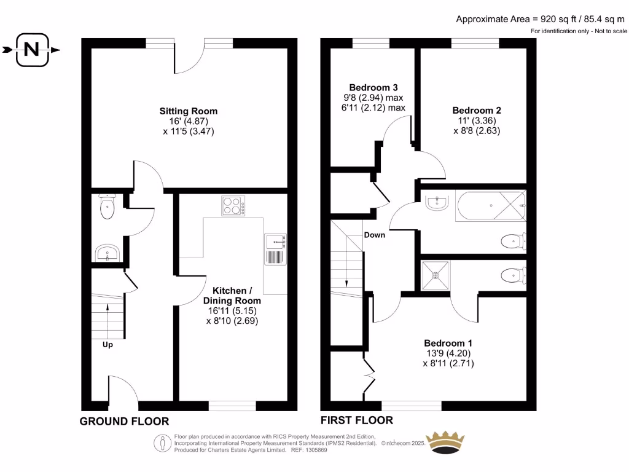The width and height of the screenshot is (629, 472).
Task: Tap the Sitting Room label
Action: point(189,111)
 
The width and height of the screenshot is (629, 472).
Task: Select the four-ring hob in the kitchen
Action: point(233,206)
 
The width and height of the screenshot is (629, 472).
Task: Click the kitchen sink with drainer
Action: point(275,249)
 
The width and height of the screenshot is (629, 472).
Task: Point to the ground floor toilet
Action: point(107,207)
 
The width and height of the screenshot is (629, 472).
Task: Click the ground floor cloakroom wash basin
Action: point(107,253)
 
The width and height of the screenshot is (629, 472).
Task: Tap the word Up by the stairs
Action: point(107,345)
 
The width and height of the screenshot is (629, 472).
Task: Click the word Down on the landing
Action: point(374,235)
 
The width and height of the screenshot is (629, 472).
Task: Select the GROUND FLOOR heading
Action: point(124,422)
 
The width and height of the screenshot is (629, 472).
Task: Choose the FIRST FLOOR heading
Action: point(357,421)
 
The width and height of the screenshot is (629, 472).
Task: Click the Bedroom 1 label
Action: point(448,343)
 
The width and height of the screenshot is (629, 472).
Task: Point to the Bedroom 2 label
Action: point(477,111)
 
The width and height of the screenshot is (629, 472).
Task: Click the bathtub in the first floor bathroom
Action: point(490,206)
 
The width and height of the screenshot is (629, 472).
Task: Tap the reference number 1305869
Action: point(314,450)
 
